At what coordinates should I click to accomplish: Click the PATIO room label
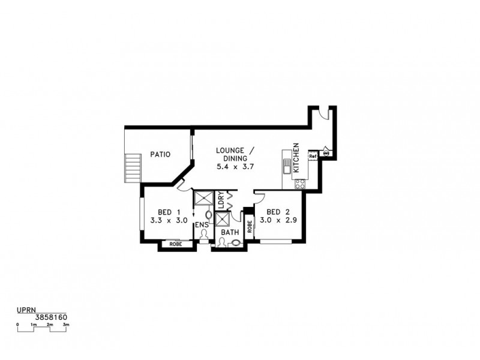point(160,154)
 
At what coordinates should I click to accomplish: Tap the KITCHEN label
point(296,157)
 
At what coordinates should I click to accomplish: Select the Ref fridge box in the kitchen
point(313,155)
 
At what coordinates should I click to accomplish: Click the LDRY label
point(221,200)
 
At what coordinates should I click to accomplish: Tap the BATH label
point(230,232)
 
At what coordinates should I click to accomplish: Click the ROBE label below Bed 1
point(176,244)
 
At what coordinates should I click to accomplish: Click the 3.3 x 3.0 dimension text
point(169,220)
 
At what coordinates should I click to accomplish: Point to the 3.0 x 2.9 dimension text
point(278,220)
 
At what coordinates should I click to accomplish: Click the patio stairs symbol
point(131,167)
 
